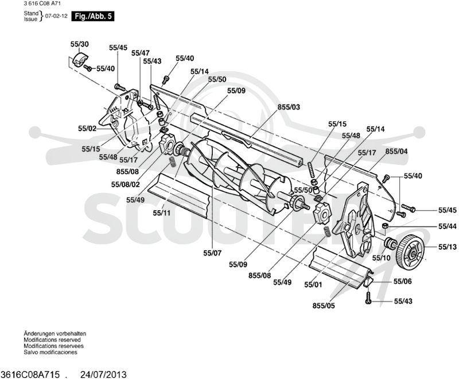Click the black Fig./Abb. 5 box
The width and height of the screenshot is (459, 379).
point(93,16)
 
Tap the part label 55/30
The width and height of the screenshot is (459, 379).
point(79,44)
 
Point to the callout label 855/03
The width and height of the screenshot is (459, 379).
point(289,107)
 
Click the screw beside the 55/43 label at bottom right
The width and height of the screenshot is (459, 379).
point(368,298)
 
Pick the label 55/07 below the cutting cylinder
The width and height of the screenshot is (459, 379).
point(212,253)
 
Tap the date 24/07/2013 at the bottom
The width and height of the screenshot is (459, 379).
point(103,374)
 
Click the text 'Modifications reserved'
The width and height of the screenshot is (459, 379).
point(52,340)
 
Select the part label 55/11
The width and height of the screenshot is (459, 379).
point(161,213)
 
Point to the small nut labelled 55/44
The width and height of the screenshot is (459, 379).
point(386,226)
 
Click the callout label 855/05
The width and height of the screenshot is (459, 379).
point(324,305)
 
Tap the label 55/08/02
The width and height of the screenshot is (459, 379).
point(125,184)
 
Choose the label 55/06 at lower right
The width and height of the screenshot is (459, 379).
point(403,281)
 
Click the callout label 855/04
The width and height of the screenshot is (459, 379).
point(396,152)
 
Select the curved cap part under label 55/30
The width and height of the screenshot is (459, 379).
point(80,59)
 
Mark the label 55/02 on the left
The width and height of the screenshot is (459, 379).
point(87,129)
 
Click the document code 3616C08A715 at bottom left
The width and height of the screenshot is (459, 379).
point(30,374)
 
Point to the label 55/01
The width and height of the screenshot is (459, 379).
point(313,285)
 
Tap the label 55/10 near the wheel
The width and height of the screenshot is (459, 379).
point(381,258)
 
